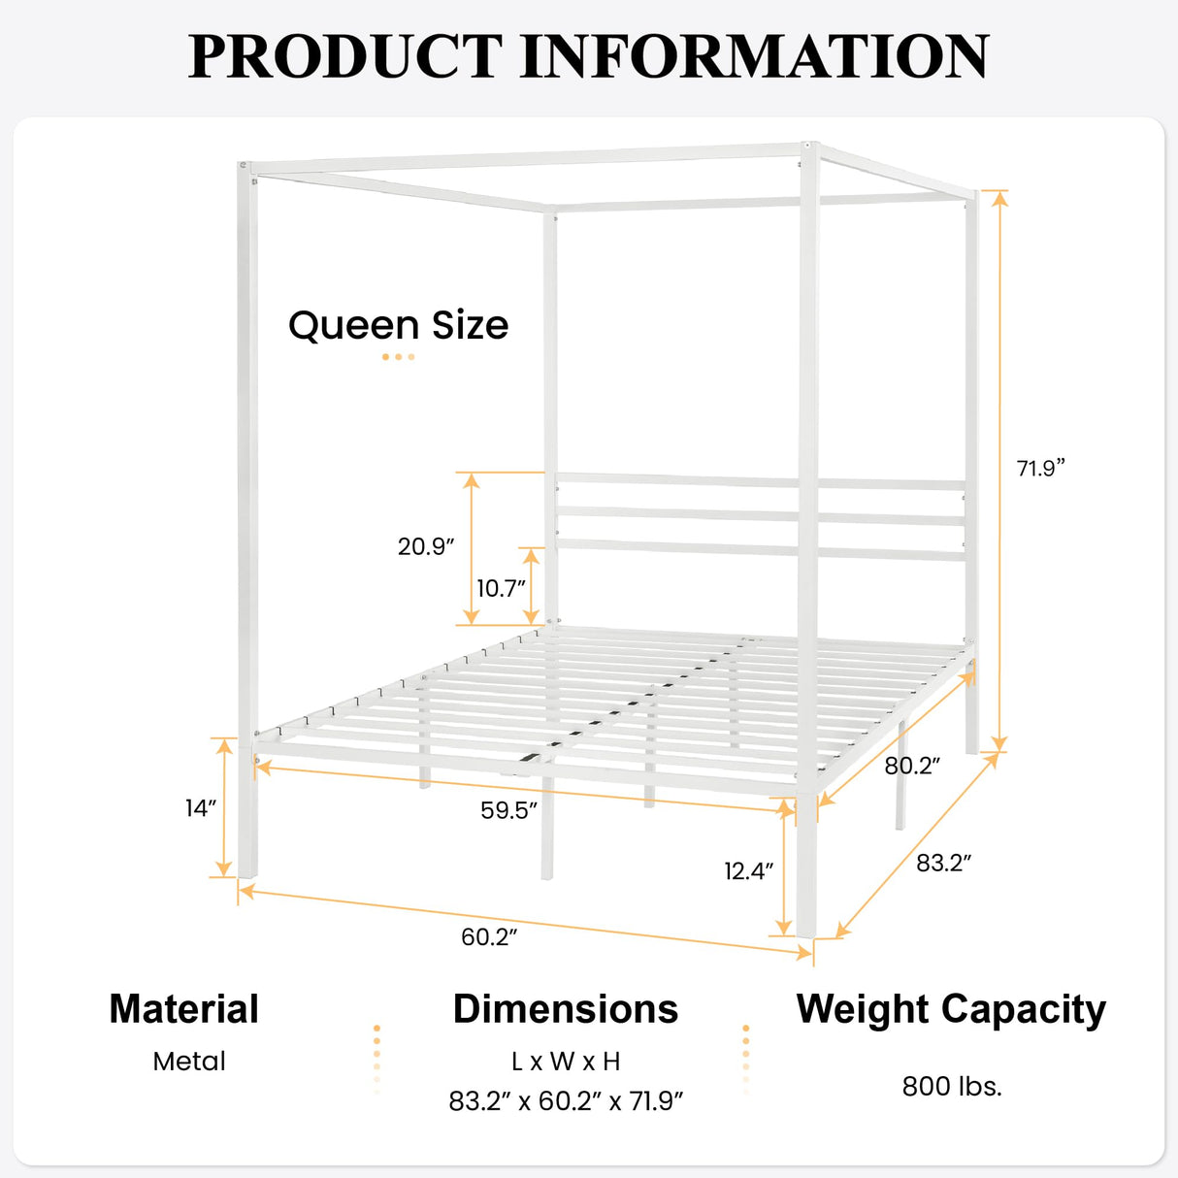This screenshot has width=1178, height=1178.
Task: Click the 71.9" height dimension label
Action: (x=1040, y=468)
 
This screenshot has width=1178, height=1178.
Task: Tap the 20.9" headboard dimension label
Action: (x=426, y=546)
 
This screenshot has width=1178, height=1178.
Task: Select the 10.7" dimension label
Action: (x=501, y=588)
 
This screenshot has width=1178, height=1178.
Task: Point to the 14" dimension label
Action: (x=200, y=807)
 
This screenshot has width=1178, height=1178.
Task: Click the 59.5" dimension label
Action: (x=508, y=810)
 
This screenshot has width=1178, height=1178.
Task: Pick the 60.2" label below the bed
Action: (x=489, y=936)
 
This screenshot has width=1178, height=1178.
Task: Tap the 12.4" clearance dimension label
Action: (x=748, y=870)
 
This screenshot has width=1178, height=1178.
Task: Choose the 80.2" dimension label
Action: (x=912, y=766)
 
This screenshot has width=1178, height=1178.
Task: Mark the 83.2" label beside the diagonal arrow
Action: (x=943, y=863)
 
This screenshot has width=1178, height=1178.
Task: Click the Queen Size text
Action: (x=398, y=325)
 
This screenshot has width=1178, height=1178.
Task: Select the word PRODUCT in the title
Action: (x=345, y=56)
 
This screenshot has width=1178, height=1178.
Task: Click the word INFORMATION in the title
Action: (x=755, y=56)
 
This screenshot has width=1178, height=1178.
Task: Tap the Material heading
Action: (x=184, y=1009)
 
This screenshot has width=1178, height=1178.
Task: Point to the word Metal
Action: (x=189, y=1062)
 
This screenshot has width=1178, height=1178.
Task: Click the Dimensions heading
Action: (x=566, y=1009)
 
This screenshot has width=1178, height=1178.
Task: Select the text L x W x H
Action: (x=566, y=1062)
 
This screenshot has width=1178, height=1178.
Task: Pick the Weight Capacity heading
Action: (x=951, y=1010)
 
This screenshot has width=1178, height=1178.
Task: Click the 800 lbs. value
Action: (x=952, y=1086)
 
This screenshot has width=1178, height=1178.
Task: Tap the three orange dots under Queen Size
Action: (x=398, y=357)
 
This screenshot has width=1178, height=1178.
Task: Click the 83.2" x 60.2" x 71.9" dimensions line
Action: (x=566, y=1101)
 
